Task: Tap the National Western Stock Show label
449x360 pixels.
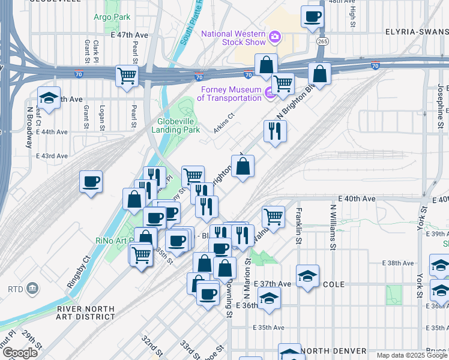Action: point(234,38)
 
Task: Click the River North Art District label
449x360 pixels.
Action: point(85,312)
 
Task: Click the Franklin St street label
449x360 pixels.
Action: point(297,226)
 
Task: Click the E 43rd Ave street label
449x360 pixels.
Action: point(52,156)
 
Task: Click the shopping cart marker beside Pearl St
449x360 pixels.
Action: point(127,76)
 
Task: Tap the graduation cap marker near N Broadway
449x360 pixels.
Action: point(49,97)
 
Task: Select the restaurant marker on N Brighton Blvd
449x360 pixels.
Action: point(275,130)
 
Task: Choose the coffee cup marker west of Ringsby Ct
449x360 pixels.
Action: point(91,181)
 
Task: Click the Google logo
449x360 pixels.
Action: point(20,353)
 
